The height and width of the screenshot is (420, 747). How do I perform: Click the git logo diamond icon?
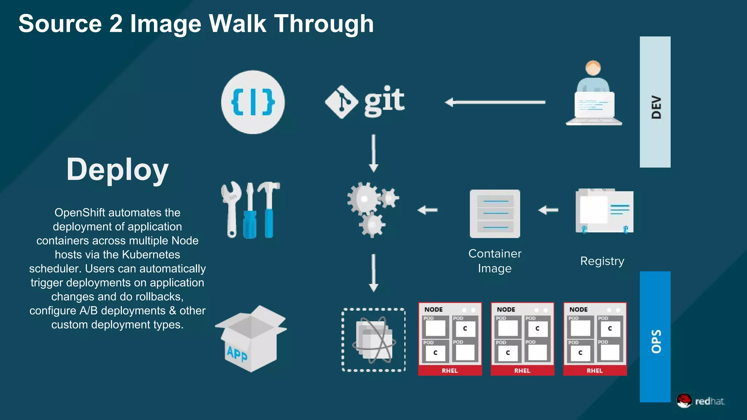pos(341,102)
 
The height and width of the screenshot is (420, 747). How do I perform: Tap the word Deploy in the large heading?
pos(117,170)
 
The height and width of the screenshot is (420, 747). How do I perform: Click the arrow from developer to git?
pos(495,102)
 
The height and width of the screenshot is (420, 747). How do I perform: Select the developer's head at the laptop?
pos(593,68)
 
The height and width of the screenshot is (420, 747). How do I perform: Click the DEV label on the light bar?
pos(656,107)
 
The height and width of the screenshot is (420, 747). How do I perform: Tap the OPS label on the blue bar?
pos(656,341)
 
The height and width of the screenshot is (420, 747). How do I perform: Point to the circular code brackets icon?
pos(253,102)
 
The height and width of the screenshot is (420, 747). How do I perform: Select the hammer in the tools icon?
pos(269,208)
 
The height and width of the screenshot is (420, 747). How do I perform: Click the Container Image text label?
pos(495,261)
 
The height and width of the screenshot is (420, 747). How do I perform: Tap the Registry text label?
pos(602,261)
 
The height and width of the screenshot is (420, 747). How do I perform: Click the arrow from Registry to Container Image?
pos(548,210)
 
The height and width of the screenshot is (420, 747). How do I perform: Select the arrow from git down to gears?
pos(373,153)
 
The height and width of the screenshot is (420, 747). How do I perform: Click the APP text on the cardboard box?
pos(237,354)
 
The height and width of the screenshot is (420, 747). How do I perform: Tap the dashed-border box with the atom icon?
pos(373,340)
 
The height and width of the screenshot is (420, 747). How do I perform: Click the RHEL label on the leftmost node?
pos(450,370)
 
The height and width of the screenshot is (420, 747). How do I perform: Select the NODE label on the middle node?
pos(506,310)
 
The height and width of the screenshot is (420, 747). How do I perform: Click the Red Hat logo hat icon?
pos(684,400)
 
